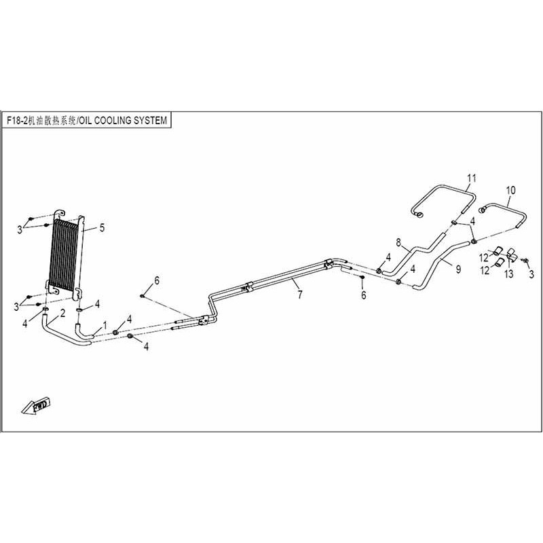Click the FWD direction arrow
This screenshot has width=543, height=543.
coord(37,405)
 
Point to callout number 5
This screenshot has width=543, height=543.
coord(102,228)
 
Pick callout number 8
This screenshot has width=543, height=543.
coord(398,243)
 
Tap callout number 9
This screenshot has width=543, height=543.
coord(458,269)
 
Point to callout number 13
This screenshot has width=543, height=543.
coord(508,274)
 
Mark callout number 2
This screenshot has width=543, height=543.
coord(62,313)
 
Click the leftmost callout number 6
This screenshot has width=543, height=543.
coord(157,280)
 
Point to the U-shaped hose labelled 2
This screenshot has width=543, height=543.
coord(58,335)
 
